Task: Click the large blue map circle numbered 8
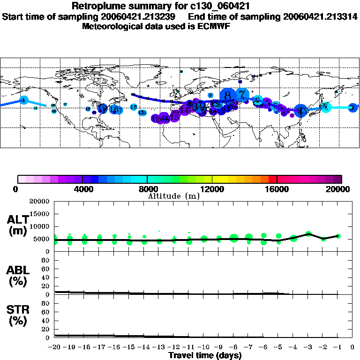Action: pos(228,96)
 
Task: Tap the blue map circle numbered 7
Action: pos(242,94)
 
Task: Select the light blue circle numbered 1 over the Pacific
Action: pos(23,100)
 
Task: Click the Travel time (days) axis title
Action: pos(205,355)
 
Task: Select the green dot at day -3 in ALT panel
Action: pos(308,234)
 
